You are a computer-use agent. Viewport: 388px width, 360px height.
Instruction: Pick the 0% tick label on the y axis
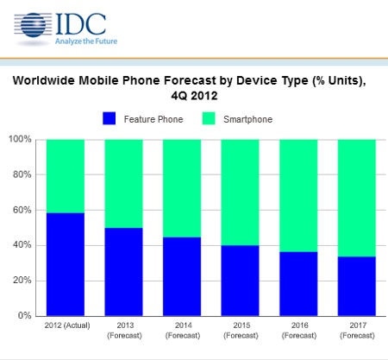tap(23, 316)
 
